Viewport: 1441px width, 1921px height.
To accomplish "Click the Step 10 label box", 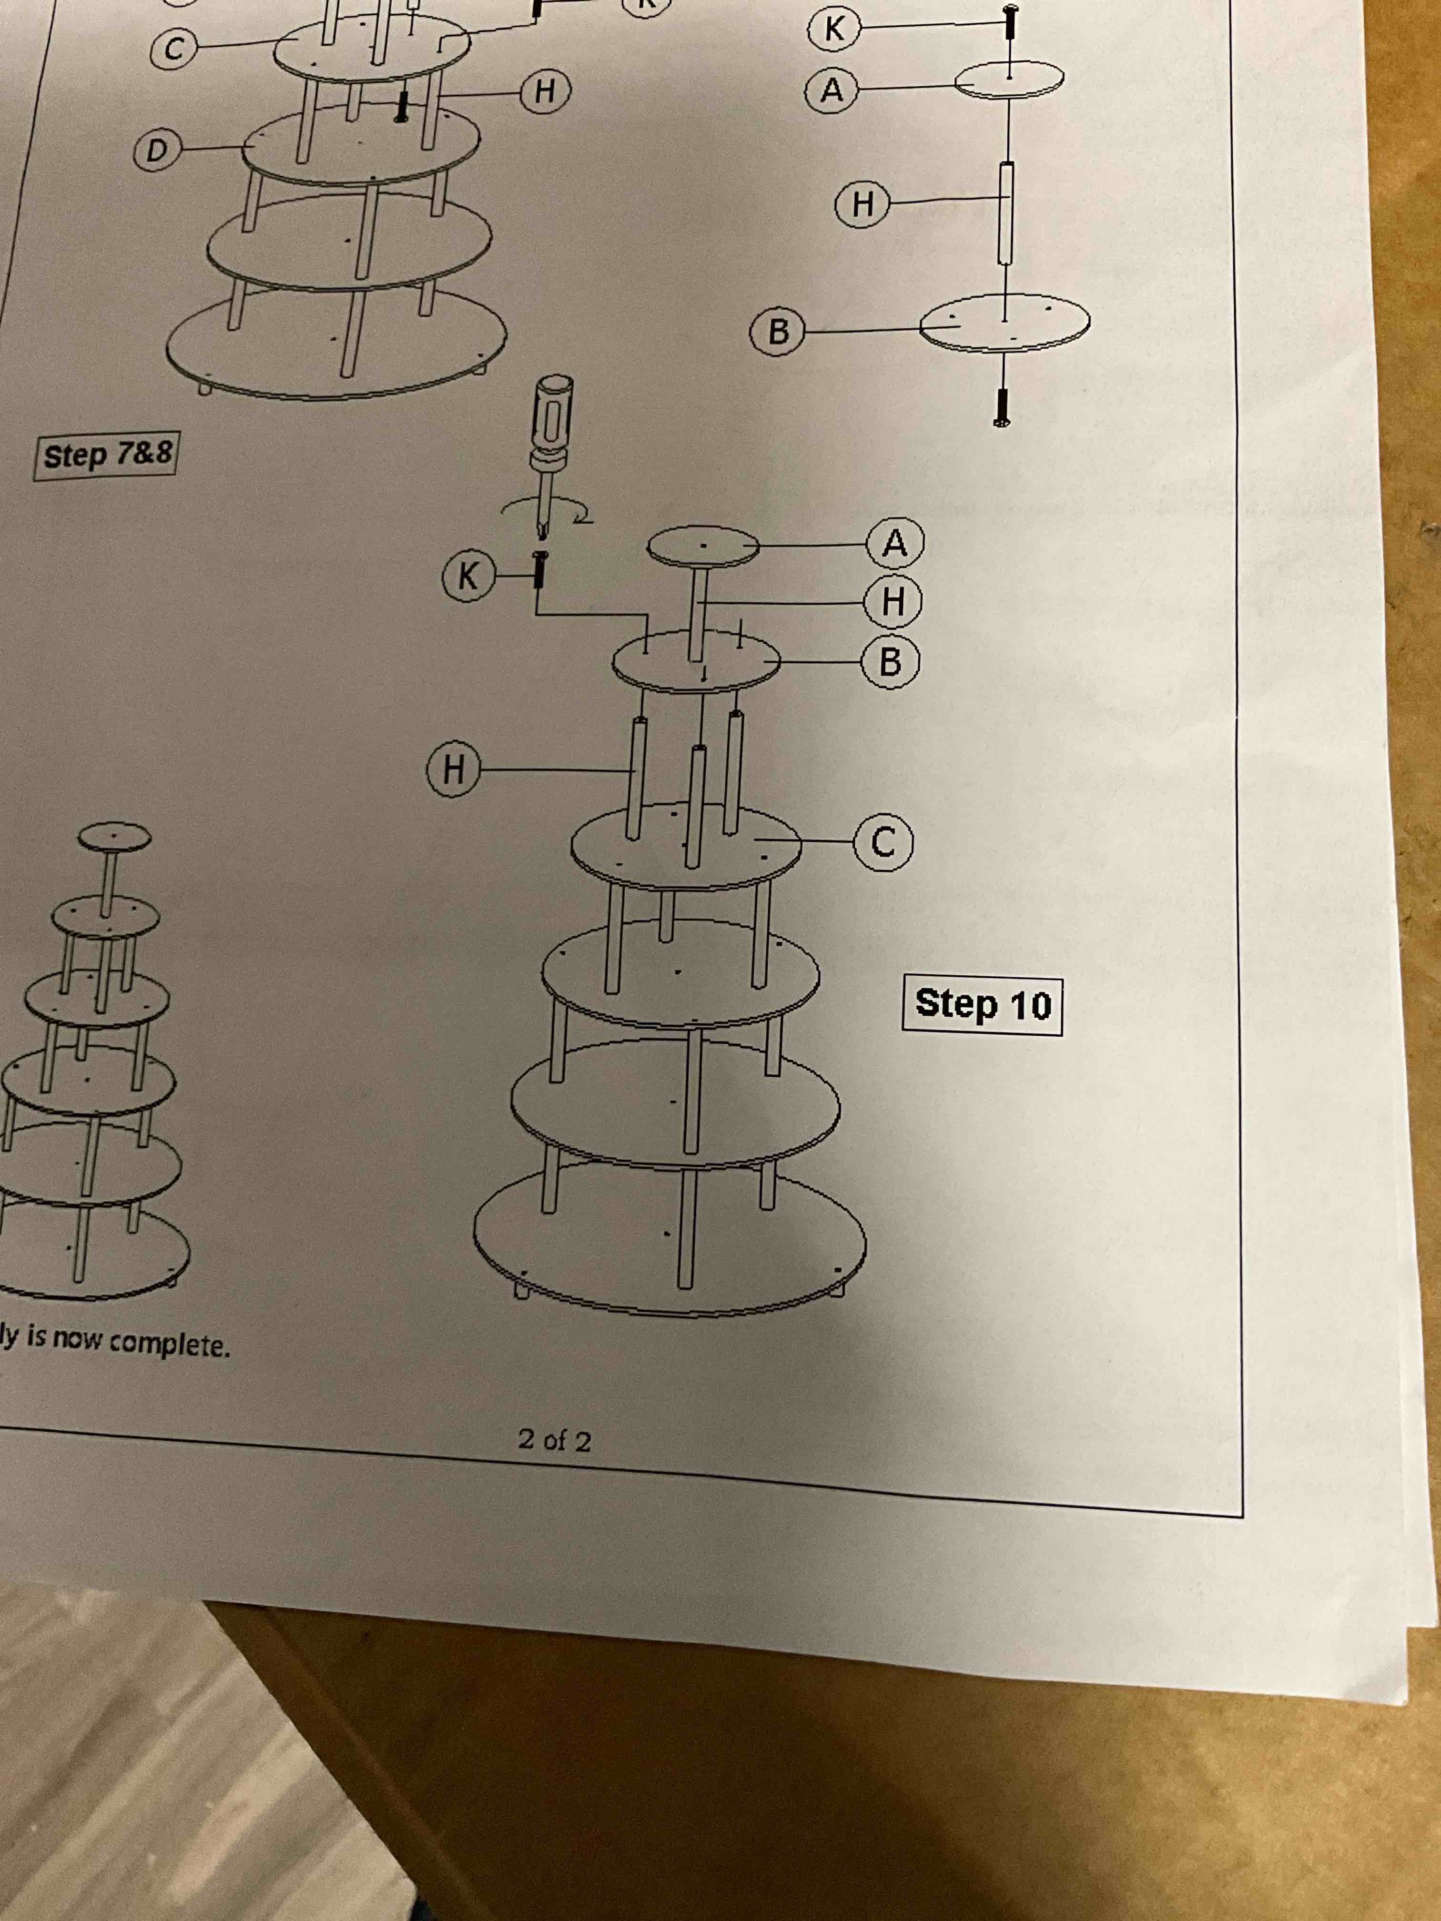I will [983, 1005].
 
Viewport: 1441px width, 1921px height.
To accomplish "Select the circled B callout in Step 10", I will [890, 663].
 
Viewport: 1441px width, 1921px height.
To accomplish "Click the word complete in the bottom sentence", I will [170, 1345].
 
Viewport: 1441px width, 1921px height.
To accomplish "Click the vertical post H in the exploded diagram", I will [1006, 213].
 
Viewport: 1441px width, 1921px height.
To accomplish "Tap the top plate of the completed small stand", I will [114, 837].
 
